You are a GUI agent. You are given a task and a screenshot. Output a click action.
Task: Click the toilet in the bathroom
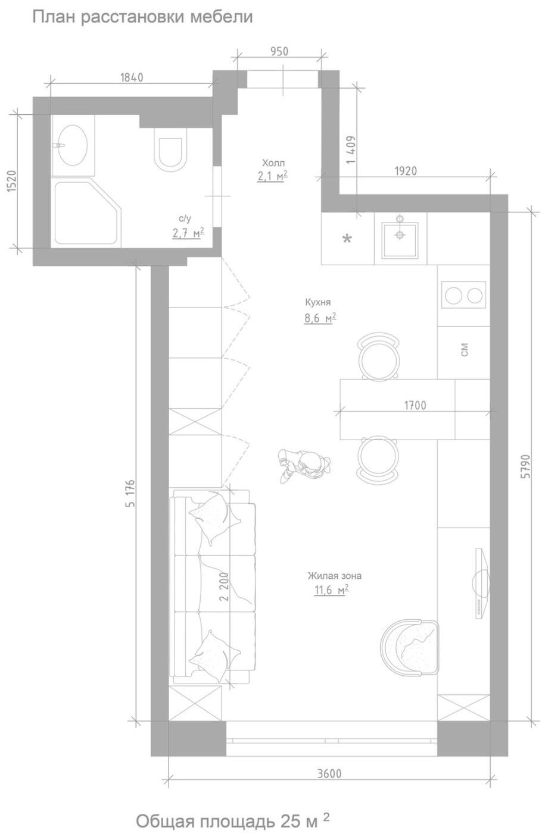170,149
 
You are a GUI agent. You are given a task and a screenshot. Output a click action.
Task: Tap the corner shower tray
88,212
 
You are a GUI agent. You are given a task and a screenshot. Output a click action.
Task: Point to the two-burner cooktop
463,295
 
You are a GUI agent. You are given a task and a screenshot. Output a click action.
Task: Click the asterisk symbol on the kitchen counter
347,239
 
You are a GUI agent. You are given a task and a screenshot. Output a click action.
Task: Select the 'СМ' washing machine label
464,350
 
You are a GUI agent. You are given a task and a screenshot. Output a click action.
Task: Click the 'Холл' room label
273,163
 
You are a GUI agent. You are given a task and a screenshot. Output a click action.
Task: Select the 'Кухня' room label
318,302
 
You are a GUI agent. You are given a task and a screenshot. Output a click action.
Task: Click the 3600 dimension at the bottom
329,773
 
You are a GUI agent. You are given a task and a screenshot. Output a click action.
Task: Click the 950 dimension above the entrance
279,51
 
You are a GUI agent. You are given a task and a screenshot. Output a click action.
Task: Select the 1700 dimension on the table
415,405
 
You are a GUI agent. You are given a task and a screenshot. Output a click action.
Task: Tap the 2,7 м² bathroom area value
188,233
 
